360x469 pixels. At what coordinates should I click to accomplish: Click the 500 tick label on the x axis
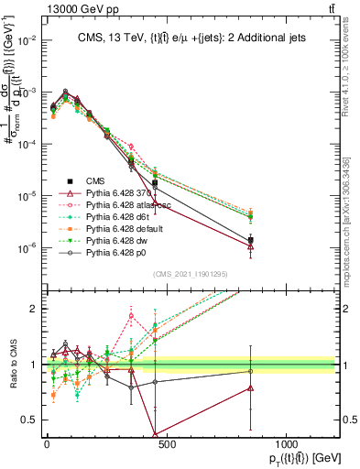(x=166, y=444)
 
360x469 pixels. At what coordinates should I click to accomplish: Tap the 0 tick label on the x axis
(x=47, y=444)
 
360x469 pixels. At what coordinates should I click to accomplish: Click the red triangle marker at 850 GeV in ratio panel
(x=250, y=388)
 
